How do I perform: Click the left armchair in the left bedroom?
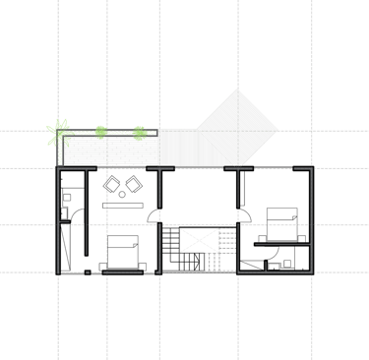(112, 183)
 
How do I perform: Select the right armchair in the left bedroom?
(132, 183)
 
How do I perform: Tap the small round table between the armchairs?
(122, 193)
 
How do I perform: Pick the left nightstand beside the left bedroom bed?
(102, 265)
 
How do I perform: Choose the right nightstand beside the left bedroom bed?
(143, 265)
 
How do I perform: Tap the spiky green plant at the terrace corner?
(58, 130)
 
